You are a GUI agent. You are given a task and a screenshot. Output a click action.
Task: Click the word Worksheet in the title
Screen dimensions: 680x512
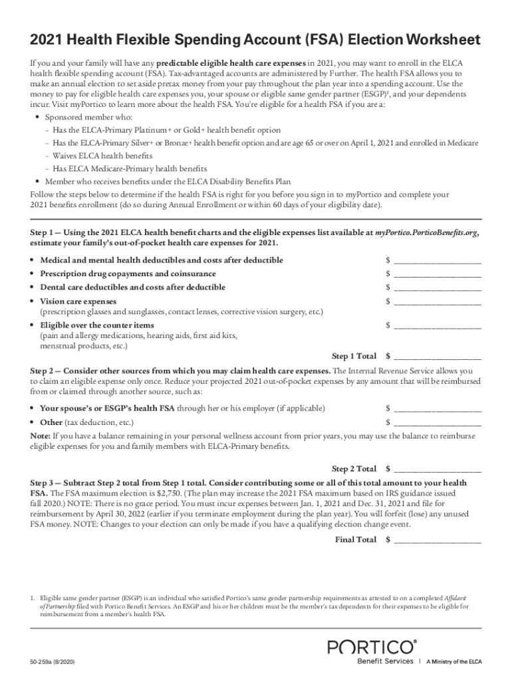438,40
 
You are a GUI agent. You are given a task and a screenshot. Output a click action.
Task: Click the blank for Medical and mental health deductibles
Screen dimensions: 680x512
437,260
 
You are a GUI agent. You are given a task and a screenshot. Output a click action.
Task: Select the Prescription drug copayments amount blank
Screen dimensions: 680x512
437,274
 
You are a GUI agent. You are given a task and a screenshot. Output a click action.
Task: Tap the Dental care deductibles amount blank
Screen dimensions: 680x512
437,288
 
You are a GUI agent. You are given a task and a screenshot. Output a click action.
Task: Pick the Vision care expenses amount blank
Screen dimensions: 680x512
437,301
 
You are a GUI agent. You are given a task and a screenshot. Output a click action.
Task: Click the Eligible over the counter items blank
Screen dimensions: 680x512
437,325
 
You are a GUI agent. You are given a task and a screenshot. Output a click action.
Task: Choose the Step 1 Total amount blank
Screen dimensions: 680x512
437,356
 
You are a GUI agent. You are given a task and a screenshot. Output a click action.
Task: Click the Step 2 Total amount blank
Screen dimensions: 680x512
437,469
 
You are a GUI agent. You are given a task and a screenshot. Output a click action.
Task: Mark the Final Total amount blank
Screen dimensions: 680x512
437,540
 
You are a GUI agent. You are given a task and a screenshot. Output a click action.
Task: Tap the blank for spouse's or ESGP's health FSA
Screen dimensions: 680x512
437,408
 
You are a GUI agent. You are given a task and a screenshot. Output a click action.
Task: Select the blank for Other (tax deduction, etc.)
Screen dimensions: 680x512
437,422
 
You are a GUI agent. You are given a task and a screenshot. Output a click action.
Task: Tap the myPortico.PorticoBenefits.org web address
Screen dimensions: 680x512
426,233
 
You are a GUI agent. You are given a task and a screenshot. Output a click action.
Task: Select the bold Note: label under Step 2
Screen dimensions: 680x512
41,436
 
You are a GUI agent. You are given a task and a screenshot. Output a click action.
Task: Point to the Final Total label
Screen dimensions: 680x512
356,540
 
